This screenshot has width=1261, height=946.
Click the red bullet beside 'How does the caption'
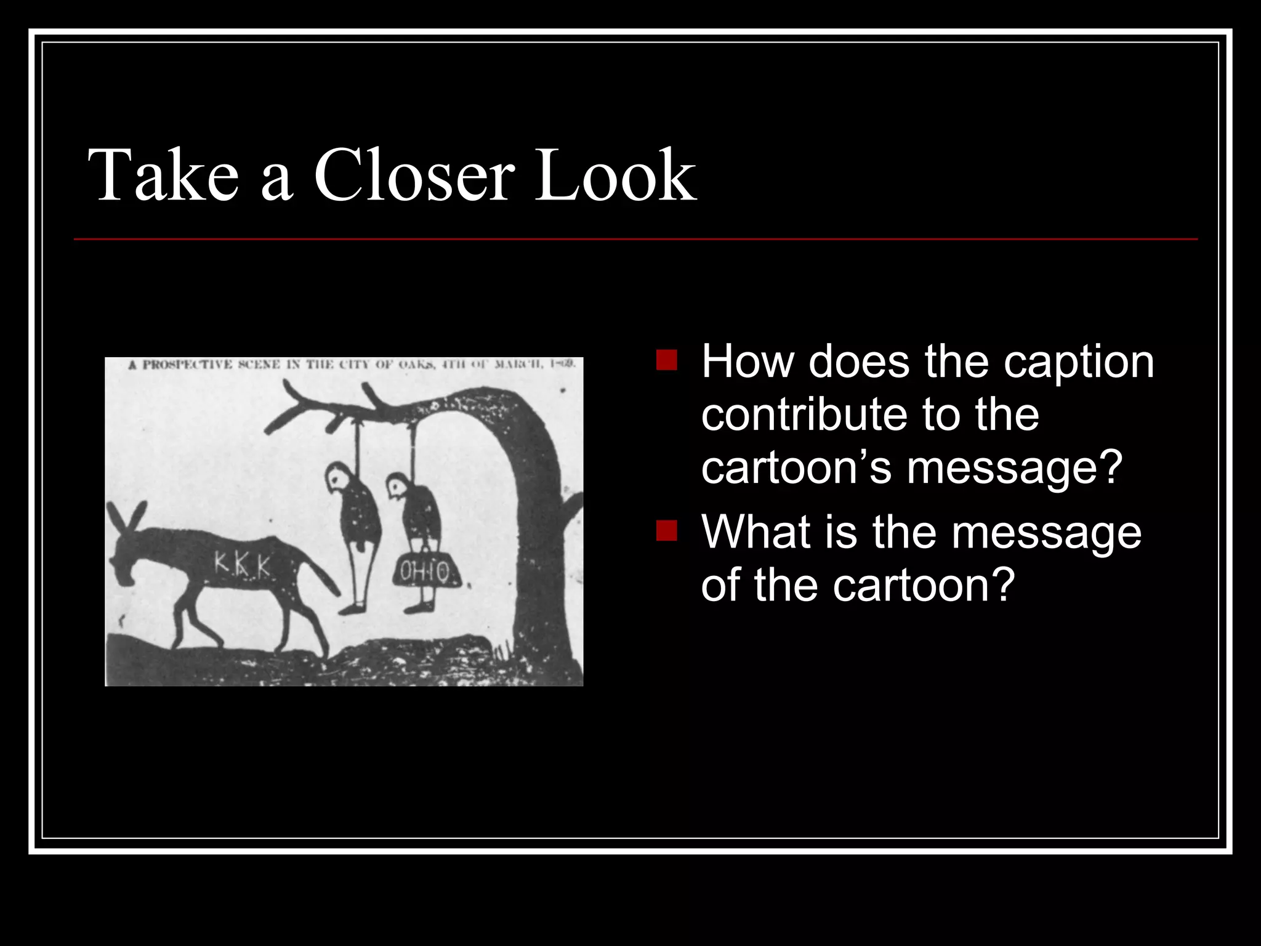[x=666, y=360]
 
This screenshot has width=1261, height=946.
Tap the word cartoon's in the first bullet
[x=795, y=468]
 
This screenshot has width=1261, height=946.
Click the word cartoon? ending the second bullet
[x=923, y=584]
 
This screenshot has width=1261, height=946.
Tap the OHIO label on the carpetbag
[x=425, y=572]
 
